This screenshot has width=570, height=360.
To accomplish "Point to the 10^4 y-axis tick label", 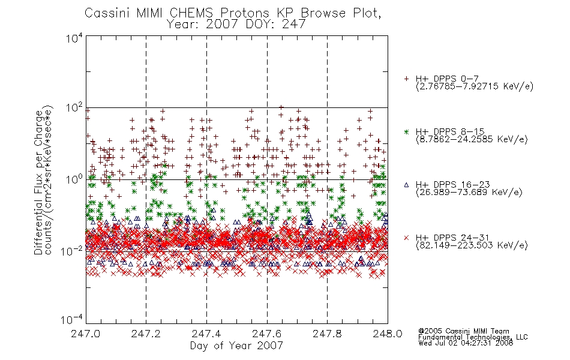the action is (74, 38).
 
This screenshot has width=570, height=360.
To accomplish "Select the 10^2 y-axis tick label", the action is (74, 109).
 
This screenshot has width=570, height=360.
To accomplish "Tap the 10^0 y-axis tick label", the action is (74, 180).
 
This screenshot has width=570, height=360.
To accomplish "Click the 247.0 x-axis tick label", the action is (85, 334).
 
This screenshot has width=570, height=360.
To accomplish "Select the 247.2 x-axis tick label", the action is (146, 334).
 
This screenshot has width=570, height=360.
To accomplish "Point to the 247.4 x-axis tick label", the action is (206, 334).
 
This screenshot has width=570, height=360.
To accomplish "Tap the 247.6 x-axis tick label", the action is (267, 334).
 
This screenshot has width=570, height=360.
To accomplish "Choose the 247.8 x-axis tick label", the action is (327, 334).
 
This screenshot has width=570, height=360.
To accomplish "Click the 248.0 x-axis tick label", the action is (388, 334).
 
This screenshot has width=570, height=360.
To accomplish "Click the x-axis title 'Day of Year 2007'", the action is (236, 346).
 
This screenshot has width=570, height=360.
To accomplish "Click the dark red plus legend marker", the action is (406, 79).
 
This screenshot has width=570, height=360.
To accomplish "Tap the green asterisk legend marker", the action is (406, 131).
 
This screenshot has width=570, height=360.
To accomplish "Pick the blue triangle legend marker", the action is (406, 185).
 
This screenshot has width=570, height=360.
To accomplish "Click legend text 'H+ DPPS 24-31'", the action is (452, 238).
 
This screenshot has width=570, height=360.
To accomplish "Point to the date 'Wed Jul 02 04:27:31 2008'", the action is (466, 343).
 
